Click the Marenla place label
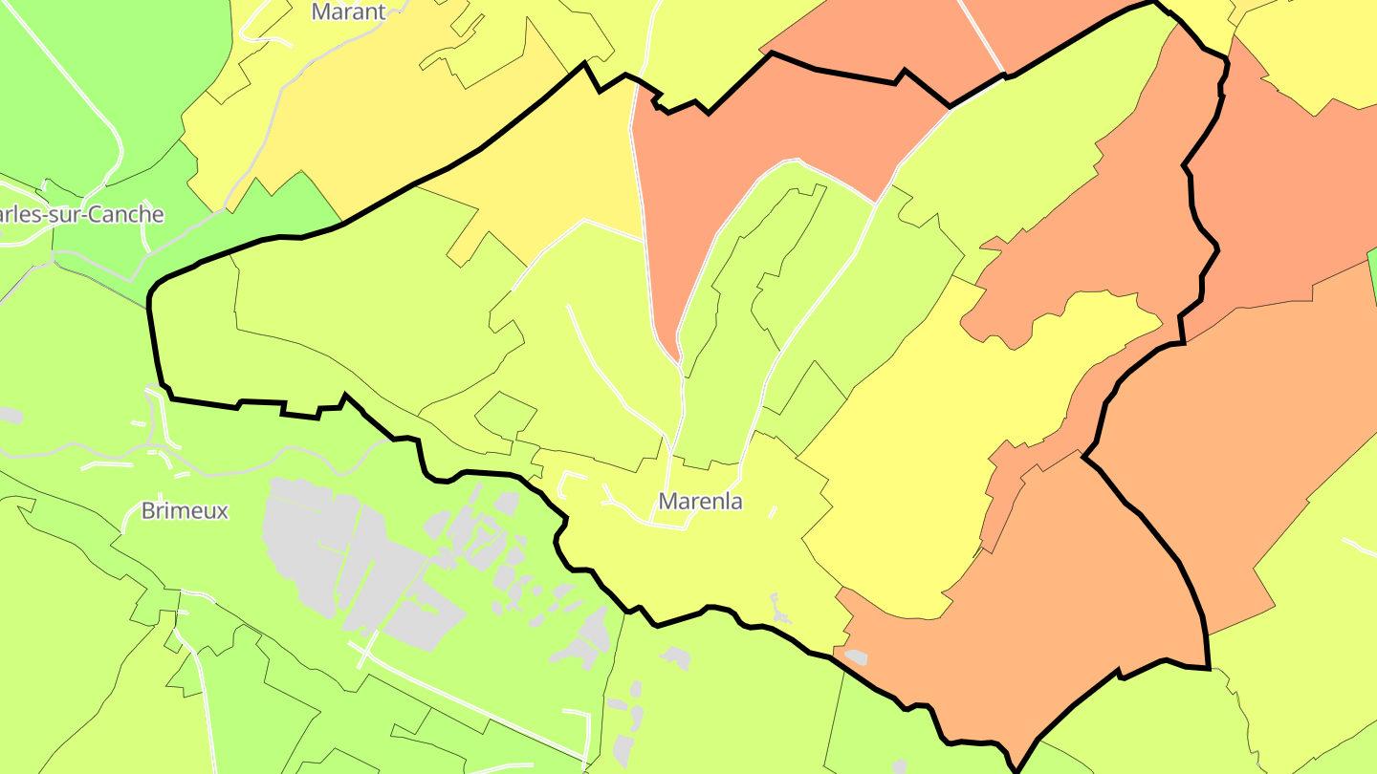pos(700,501)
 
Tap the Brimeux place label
pos(185,510)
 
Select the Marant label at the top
pos(348,11)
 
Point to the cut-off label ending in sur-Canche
pos(80,214)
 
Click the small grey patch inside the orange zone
pos(855,657)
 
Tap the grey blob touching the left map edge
pos(9,415)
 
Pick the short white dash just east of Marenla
pos(773,512)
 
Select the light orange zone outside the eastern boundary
pos(1243,430)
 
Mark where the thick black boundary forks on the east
pos(1084,457)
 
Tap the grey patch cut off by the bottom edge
pos(899,766)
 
